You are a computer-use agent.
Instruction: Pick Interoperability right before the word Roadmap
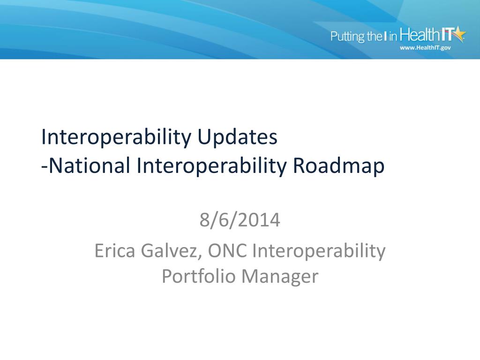pos(213,166)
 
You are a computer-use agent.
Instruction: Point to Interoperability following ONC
pos(319,251)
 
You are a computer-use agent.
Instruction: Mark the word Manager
pos(280,277)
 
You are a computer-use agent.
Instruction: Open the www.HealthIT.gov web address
pos(425,48)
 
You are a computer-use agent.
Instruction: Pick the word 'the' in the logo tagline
pos(375,37)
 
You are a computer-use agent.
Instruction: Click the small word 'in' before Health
pos(393,37)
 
